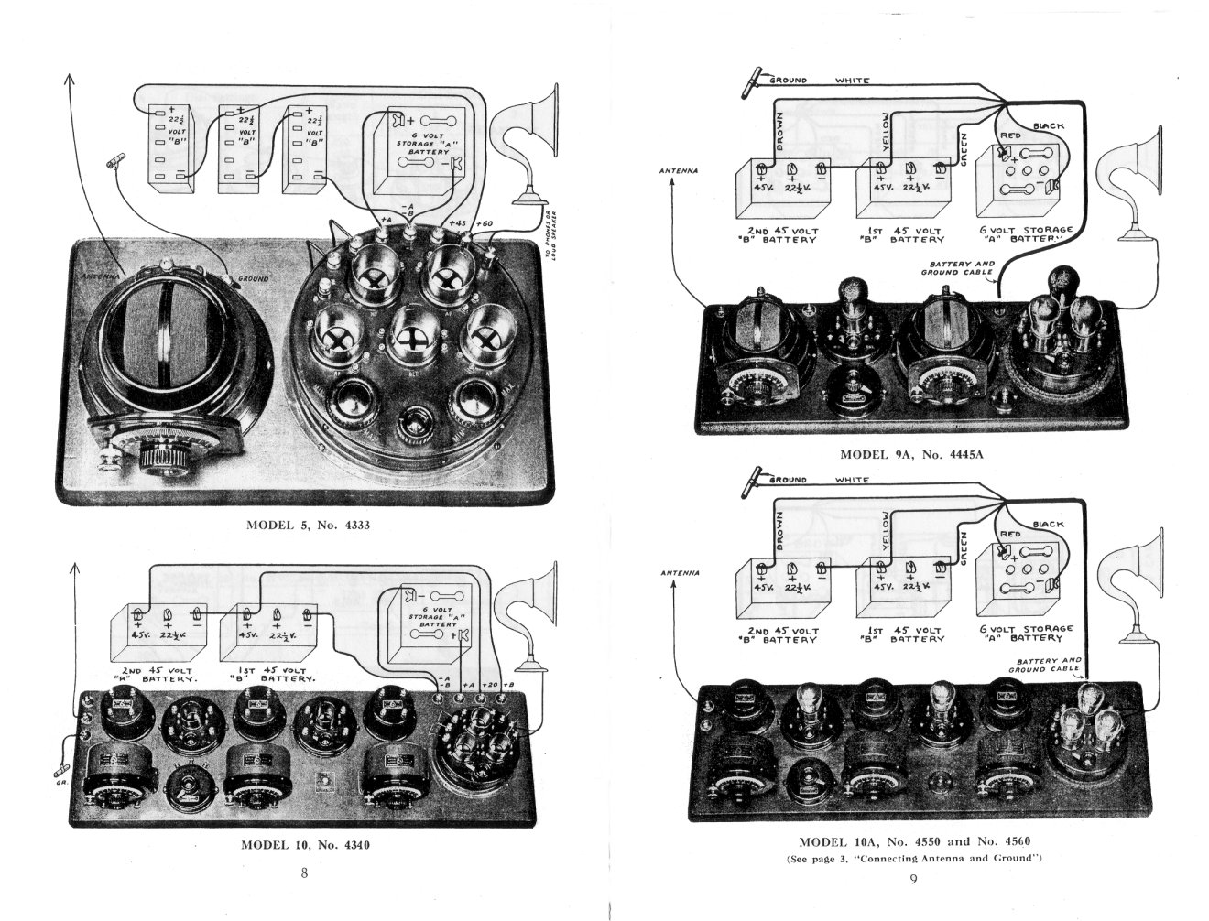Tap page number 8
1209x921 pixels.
[x=304, y=873]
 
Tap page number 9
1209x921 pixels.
[x=913, y=880]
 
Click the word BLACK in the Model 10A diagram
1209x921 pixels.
[x=1049, y=524]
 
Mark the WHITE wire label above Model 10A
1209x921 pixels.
[x=852, y=480]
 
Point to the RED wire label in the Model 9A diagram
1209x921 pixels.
[x=1010, y=135]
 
